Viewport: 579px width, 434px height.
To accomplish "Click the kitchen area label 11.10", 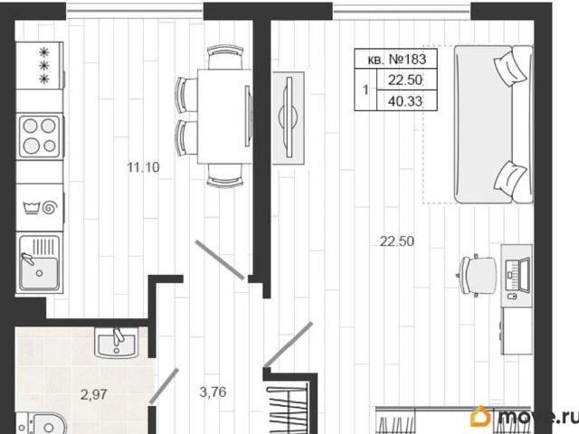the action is click(x=143, y=167).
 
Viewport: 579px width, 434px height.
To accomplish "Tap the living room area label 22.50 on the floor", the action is click(x=397, y=241).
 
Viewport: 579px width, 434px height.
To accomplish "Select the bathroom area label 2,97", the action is click(x=94, y=395).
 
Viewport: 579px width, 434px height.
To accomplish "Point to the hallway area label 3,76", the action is click(x=214, y=392).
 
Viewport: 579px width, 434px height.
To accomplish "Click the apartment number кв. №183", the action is click(x=397, y=60).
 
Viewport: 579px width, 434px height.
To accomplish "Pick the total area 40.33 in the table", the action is click(x=405, y=101).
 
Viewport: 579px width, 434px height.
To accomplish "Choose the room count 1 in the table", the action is click(x=365, y=90).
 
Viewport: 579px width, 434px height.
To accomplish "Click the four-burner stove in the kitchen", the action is click(x=40, y=137).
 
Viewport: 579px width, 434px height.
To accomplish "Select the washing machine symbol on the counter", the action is click(x=40, y=208).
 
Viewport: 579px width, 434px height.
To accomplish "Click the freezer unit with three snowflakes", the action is click(x=40, y=66).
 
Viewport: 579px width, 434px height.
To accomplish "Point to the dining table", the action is click(x=225, y=117).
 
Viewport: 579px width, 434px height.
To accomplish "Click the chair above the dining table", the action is click(x=225, y=57).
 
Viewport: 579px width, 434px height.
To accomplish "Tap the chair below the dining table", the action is click(x=225, y=175).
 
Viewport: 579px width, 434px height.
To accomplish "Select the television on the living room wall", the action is click(x=289, y=118).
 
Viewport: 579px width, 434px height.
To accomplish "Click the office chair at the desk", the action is click(x=478, y=275).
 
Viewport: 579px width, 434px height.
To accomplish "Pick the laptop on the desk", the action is click(x=517, y=275).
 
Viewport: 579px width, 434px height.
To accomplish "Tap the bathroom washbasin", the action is click(x=117, y=343).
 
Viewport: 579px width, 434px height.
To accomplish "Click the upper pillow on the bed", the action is click(x=510, y=68).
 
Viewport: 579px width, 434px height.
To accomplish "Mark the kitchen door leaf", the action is click(x=220, y=259).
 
